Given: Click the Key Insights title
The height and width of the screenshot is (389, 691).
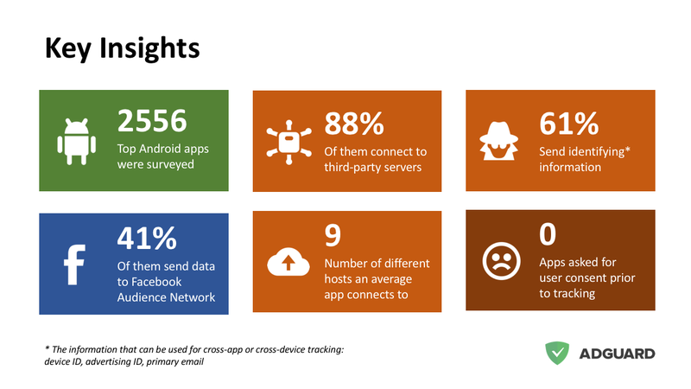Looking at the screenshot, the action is point(122,48).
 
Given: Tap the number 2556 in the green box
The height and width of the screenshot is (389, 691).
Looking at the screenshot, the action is point(152,121).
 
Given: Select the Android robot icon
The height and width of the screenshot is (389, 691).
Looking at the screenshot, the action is point(76,141).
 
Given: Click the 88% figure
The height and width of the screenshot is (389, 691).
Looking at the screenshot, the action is point(354,124).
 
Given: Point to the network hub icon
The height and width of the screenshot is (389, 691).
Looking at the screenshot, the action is point(288,142).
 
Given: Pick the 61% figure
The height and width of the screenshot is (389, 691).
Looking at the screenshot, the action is point(568,124).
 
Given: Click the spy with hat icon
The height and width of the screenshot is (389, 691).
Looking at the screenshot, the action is point(498,141).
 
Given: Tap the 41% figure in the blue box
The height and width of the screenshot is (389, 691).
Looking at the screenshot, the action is point(147,239).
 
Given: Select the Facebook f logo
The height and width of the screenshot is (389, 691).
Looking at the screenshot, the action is point(74,265).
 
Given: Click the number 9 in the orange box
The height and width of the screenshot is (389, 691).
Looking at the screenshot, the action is point(333,235).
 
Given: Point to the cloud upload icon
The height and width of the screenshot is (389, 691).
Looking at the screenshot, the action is point(288,262).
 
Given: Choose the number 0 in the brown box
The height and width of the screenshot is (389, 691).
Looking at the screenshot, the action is point(548,234).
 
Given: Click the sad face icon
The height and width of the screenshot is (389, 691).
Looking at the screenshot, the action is point(501,261).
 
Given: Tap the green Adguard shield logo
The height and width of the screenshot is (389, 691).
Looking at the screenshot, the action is point(557,353).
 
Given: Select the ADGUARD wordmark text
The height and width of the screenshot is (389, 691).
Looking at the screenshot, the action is point(617,354).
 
